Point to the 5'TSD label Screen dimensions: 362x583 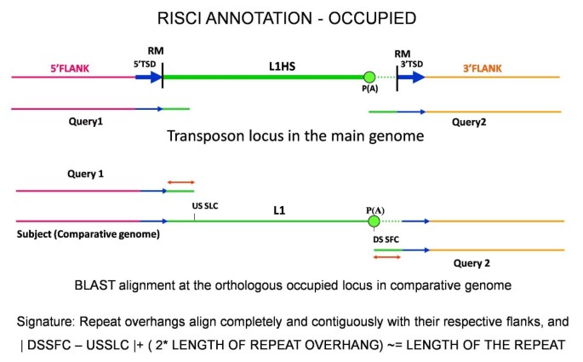click(146, 62)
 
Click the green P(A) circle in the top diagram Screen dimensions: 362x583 click(369, 78)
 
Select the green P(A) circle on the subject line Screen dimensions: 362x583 click(374, 221)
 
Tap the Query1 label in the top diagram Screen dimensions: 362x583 click(86, 121)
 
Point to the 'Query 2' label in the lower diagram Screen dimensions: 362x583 click(472, 263)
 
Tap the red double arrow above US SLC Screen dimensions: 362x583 click(180, 181)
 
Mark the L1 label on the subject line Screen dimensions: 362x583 click(280, 209)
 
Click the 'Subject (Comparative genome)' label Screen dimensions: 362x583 click(87, 233)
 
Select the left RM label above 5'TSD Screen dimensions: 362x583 click(156, 49)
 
